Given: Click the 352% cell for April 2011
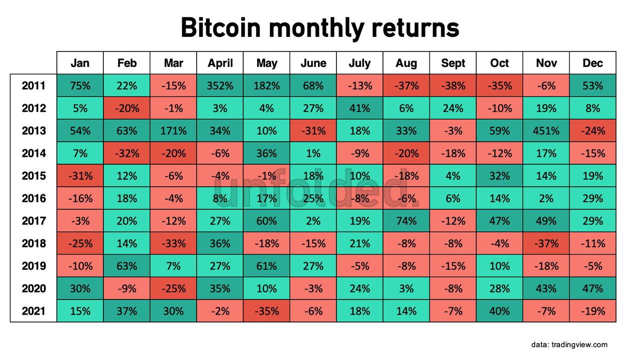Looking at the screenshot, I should (x=220, y=86).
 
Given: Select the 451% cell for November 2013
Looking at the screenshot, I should (x=546, y=131).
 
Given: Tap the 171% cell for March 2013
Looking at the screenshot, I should (x=173, y=131).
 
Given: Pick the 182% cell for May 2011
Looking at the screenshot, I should (x=267, y=86).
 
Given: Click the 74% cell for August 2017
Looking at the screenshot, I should (x=406, y=221).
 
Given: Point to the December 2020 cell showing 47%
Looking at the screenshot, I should (x=593, y=289).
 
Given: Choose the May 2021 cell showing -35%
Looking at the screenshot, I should (x=267, y=311).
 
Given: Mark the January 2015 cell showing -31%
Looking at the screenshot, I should (x=80, y=176).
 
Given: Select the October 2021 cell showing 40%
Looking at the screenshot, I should (x=500, y=311).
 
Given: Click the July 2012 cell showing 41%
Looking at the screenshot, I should (x=360, y=108).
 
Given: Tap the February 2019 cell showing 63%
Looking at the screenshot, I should (x=127, y=266).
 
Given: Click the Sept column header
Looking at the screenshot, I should (x=453, y=63).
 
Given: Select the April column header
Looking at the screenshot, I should (x=220, y=63).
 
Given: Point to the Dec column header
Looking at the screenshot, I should (x=593, y=63).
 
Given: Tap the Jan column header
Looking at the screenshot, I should (x=80, y=63).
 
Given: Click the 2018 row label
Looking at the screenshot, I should (x=33, y=244).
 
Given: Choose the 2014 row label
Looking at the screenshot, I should (x=33, y=153).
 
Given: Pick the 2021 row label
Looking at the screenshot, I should (x=33, y=311).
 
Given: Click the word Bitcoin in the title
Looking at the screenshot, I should (x=220, y=28).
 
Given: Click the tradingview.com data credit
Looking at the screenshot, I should (x=569, y=345).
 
